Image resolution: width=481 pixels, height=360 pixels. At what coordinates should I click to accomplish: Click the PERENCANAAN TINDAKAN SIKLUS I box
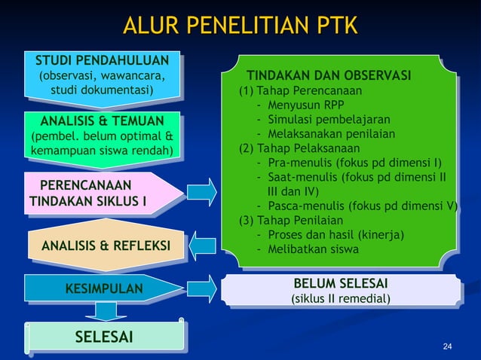click(94, 194)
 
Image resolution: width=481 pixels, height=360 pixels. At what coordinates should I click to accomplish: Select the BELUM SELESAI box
click(341, 291)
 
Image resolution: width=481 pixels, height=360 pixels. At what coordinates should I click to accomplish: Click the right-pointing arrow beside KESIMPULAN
click(201, 287)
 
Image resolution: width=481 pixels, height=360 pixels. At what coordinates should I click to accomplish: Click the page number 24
click(448, 346)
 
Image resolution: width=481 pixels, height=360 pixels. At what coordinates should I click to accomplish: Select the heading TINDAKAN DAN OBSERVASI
click(329, 76)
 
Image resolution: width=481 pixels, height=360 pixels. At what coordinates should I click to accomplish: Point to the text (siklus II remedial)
click(341, 299)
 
